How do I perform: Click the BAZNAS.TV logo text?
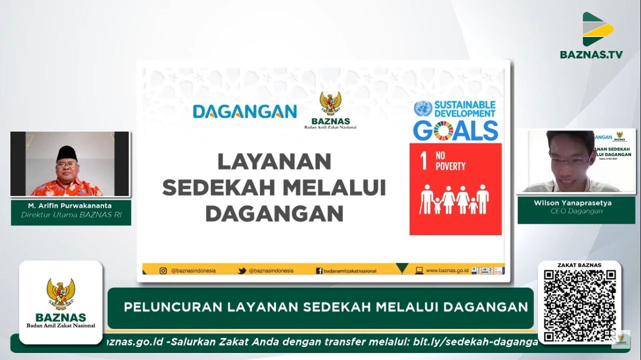[x=591, y=54]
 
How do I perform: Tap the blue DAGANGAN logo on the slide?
[x=245, y=111]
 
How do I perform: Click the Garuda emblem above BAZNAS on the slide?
[x=331, y=103]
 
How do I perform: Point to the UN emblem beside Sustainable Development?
[x=423, y=109]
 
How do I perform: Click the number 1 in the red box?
[x=424, y=162]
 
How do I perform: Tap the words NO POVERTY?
[x=450, y=162]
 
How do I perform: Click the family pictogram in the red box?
[x=455, y=199]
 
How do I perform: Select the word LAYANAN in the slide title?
[x=274, y=161]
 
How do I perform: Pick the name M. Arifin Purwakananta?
[x=71, y=205]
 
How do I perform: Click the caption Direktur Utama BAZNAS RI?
[x=71, y=215]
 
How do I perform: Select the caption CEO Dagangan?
[x=576, y=211]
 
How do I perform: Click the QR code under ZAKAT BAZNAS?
[x=580, y=305]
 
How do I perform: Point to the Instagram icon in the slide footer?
[x=163, y=270]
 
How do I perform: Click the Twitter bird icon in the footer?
[x=242, y=270]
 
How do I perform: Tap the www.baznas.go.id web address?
[x=447, y=270]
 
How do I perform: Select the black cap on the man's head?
[x=67, y=152]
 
